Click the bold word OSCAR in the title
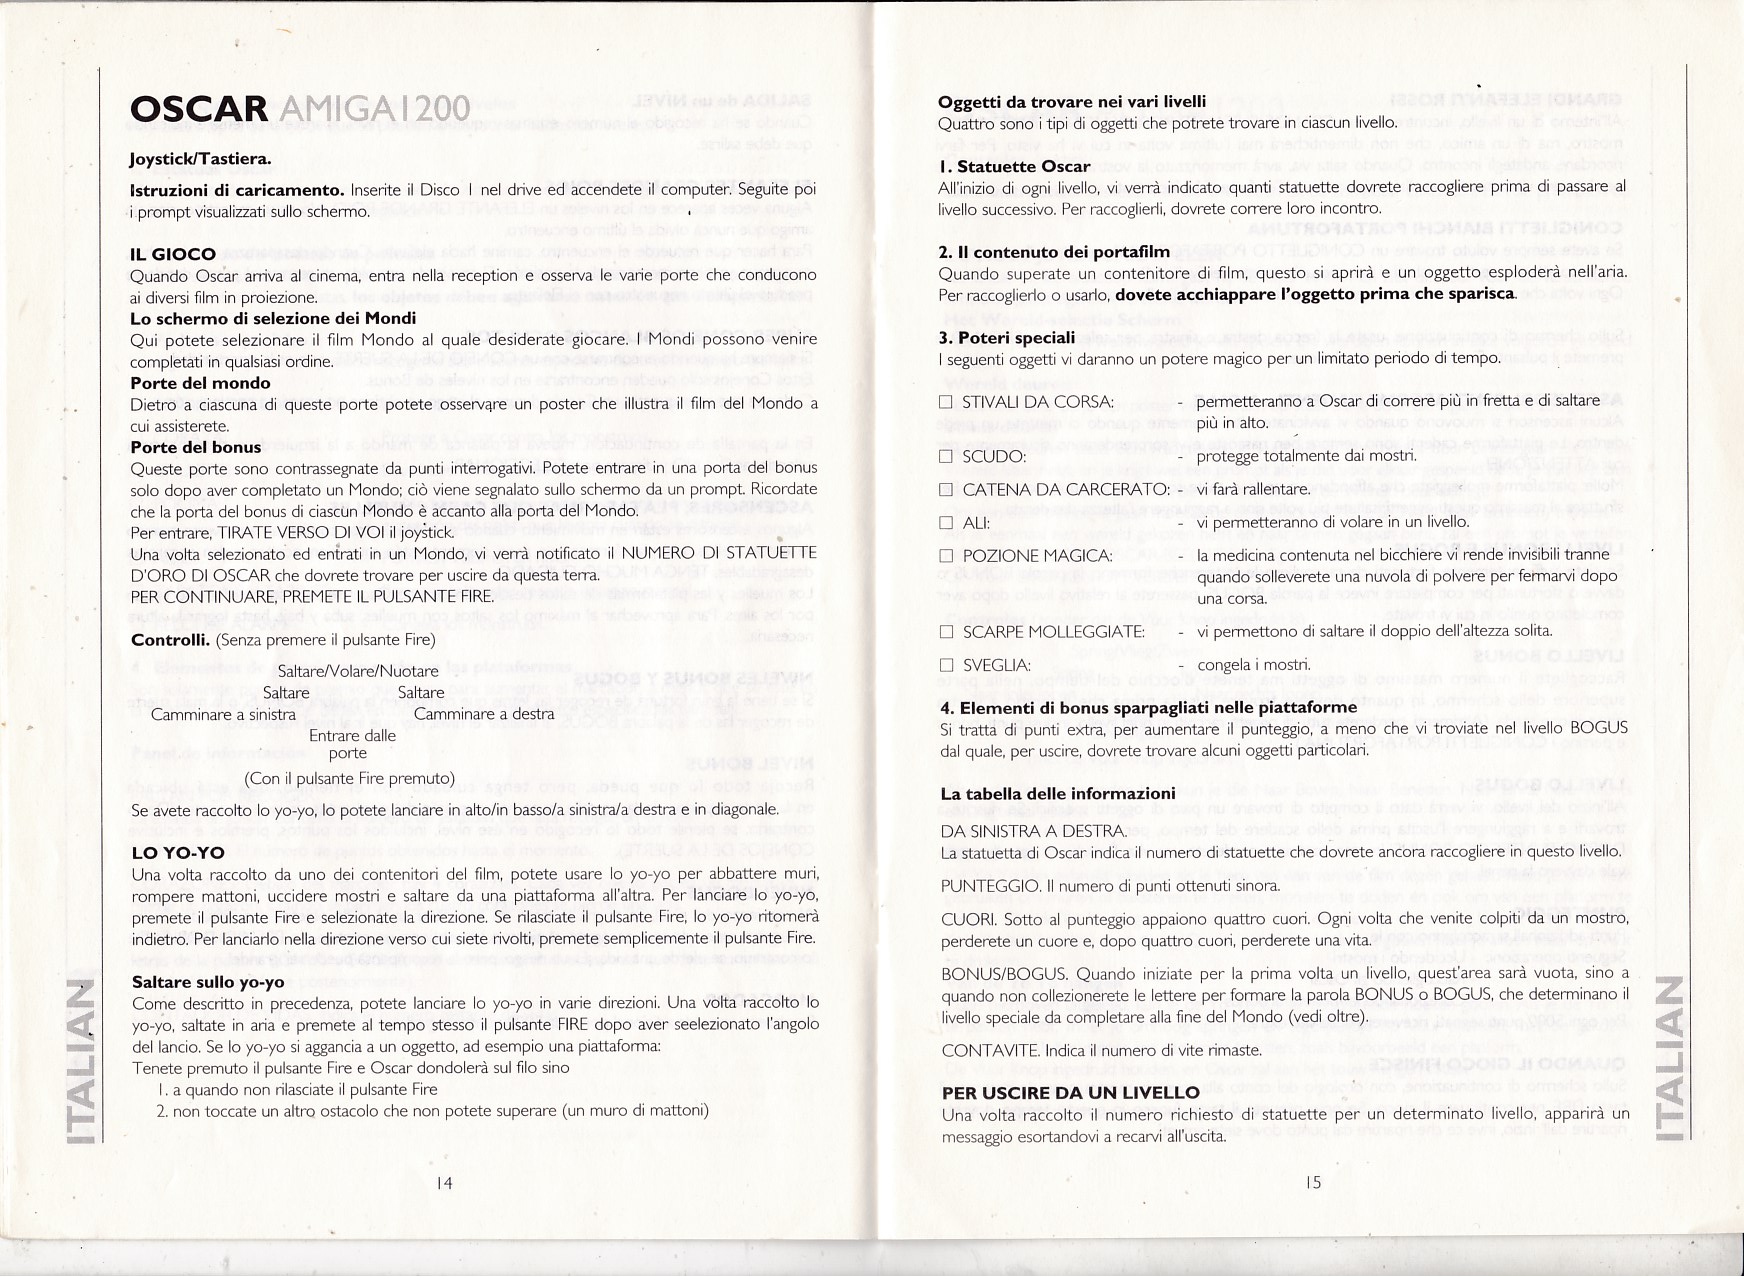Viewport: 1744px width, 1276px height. [x=198, y=109]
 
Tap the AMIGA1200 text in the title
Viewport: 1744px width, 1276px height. [x=371, y=109]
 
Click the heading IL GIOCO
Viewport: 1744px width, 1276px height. [x=172, y=254]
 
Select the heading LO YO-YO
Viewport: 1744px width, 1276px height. [x=178, y=853]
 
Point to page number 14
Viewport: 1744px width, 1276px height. [x=445, y=1183]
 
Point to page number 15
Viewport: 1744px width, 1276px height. [x=1313, y=1183]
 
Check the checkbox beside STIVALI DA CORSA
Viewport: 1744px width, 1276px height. [x=946, y=402]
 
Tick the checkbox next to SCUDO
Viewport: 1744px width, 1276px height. [x=946, y=457]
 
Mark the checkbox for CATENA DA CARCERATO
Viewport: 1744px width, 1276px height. [x=946, y=490]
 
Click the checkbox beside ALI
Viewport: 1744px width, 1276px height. [x=946, y=523]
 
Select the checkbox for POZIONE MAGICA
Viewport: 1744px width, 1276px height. [x=946, y=556]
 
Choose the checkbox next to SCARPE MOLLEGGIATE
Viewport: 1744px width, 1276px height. [x=946, y=632]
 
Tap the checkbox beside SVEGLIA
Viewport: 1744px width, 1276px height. [x=946, y=665]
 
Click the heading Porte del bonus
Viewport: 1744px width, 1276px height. [x=195, y=447]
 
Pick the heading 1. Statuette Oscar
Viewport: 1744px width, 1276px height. [x=1014, y=166]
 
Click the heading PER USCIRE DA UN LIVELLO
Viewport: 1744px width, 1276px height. [x=1070, y=1093]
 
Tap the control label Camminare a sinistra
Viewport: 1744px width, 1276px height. [x=223, y=714]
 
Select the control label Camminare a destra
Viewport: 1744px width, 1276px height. [x=484, y=714]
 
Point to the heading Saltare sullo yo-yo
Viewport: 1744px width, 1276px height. [x=208, y=982]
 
